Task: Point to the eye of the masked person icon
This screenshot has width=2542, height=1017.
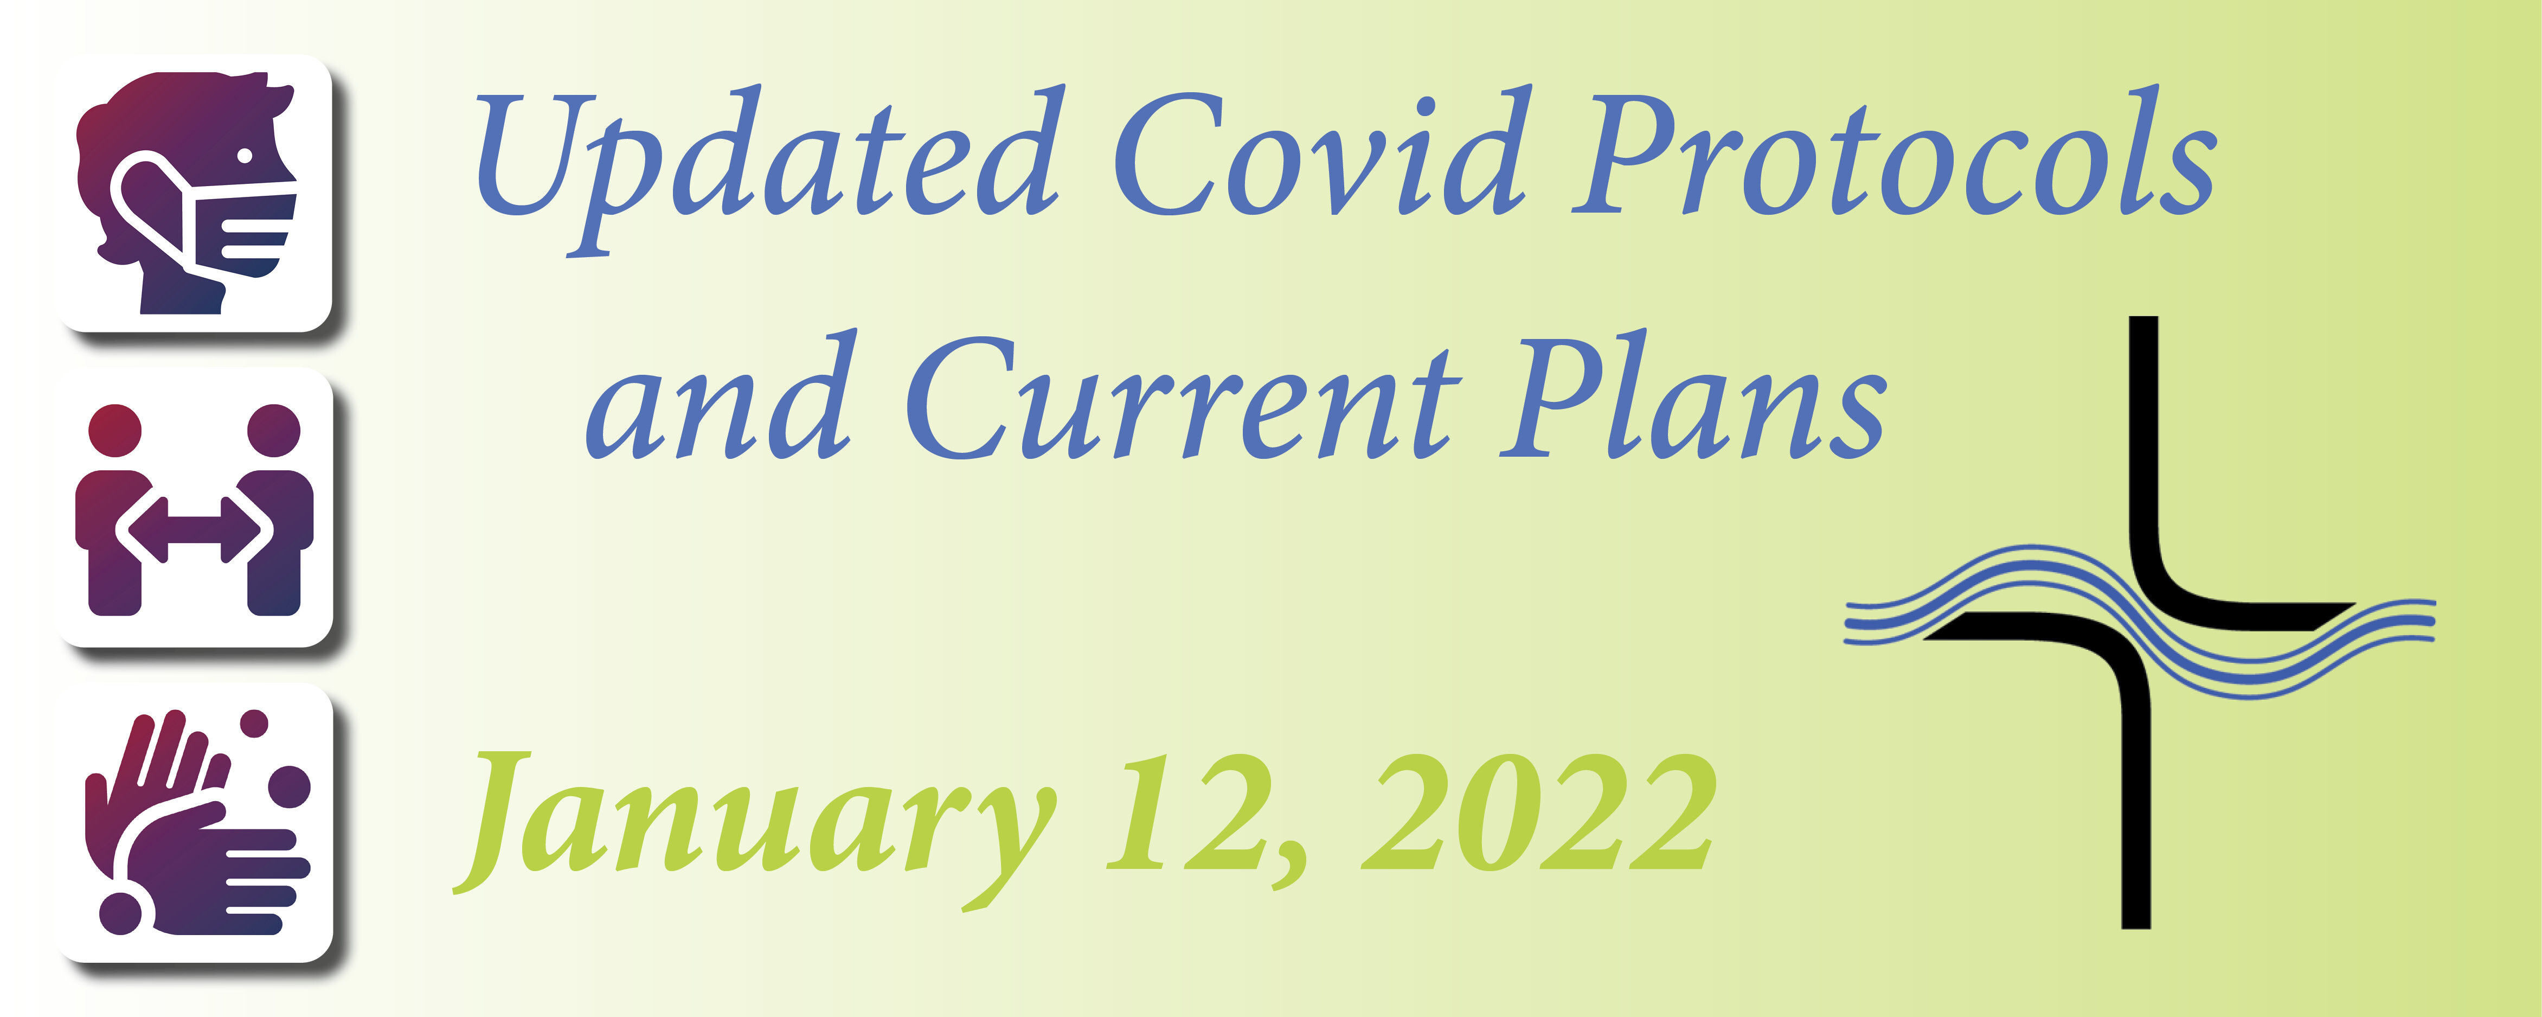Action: [x=244, y=156]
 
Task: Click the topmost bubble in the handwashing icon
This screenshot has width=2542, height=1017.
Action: [x=255, y=723]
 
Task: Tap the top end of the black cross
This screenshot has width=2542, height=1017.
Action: [x=2143, y=318]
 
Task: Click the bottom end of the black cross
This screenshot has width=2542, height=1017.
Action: [x=2135, y=926]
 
